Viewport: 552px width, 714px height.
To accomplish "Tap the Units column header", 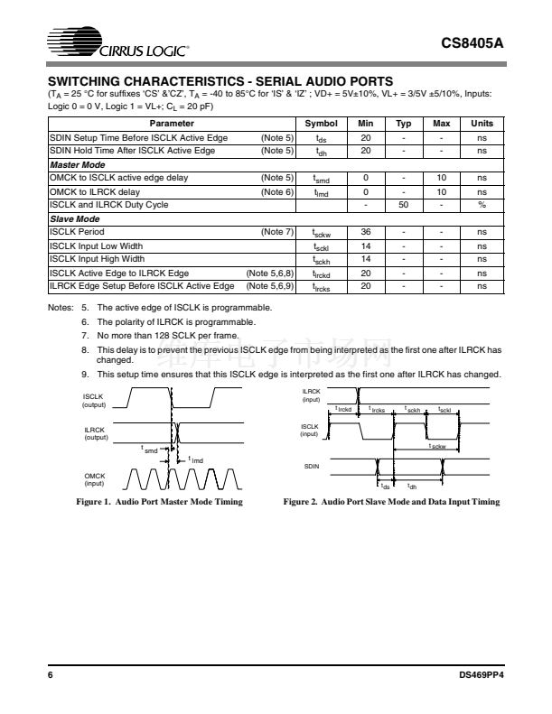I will pyautogui.click(x=482, y=124).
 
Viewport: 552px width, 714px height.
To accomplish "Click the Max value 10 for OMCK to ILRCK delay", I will pyautogui.click(x=442, y=191).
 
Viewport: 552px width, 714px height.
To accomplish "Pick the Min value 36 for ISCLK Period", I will pyautogui.click(x=366, y=232).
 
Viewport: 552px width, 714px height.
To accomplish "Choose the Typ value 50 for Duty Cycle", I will pyautogui.click(x=404, y=205).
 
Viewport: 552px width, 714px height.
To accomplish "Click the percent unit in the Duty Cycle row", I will pyautogui.click(x=482, y=205).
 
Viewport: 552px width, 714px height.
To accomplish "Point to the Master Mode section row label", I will pyautogui.click(x=76, y=164).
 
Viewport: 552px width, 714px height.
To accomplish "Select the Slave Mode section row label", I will pyautogui.click(x=74, y=218).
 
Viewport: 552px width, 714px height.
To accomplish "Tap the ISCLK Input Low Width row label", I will pyautogui.click(x=96, y=246).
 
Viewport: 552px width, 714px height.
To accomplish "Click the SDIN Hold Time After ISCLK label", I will pyautogui.click(x=132, y=151).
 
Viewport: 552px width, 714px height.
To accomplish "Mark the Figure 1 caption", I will pyautogui.click(x=159, y=502).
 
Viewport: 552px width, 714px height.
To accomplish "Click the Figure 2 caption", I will pyautogui.click(x=391, y=502).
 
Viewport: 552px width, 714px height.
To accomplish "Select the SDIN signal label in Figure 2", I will pyautogui.click(x=310, y=466).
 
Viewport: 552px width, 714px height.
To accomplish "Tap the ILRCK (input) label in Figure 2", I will pyautogui.click(x=311, y=394).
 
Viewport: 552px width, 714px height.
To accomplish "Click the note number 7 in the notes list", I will pyautogui.click(x=84, y=334).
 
